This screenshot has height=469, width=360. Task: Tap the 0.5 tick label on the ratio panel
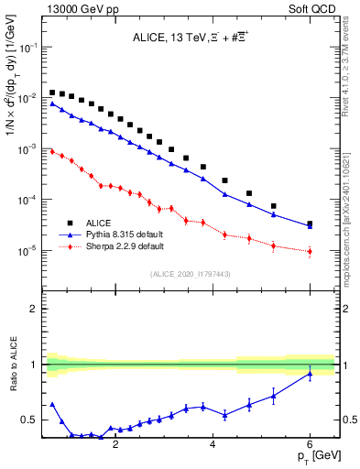click(27, 420)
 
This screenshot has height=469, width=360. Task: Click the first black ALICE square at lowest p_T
click(52, 93)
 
